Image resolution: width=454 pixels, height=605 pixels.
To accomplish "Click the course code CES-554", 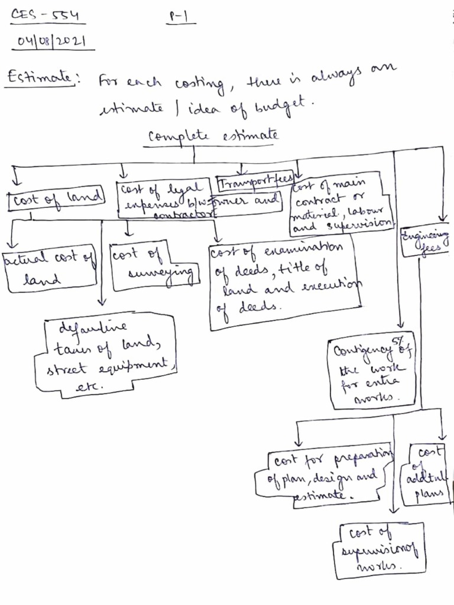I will (x=45, y=15).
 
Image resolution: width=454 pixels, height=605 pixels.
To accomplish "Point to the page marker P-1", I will (x=181, y=17).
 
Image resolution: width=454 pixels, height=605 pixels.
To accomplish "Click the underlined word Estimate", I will (x=40, y=78).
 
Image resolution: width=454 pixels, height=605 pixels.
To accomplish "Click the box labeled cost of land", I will (x=56, y=199).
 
